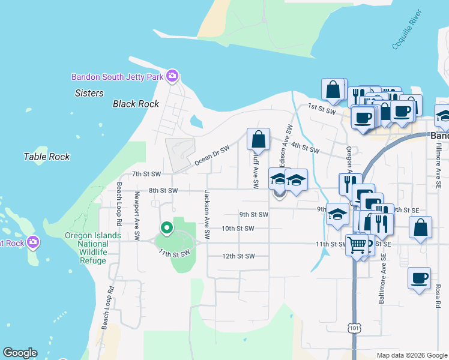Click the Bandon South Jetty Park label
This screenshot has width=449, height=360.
pos(118,77)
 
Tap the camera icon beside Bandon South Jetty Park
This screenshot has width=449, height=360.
pos(172,76)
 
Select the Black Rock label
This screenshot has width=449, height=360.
pos(136,104)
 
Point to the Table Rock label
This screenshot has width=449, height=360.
pos(46,157)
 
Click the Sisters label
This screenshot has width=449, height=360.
pos(89,93)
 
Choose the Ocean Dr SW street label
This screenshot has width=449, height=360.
pos(212,156)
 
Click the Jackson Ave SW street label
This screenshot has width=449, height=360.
pos(206,215)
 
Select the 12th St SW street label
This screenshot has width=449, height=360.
pos(238,256)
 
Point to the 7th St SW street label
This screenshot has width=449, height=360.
pos(146,174)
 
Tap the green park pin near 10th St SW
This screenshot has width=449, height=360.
pos(166,228)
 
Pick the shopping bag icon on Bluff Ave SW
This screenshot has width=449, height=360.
pos(258,139)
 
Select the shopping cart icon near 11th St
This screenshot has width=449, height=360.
pos(357,244)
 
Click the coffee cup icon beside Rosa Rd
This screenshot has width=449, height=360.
pos(419,278)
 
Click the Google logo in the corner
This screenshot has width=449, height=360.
pos(20,353)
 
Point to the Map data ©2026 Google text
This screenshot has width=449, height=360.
pos(412,355)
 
